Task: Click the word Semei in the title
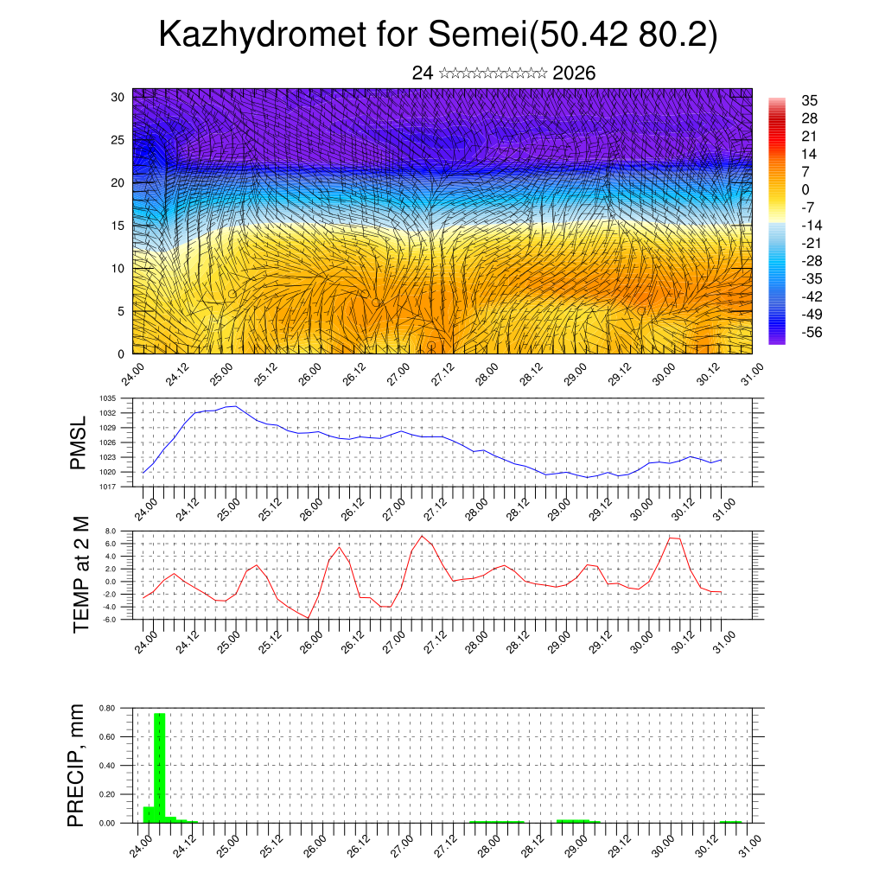point(479,35)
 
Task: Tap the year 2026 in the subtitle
point(574,73)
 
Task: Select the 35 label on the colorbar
point(810,101)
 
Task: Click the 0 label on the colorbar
point(805,189)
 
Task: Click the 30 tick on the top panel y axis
point(118,97)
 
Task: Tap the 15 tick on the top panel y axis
point(118,226)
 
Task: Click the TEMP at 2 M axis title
point(81,574)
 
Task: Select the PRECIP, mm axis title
point(77,764)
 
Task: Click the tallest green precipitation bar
point(160,767)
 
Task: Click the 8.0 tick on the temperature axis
point(111,531)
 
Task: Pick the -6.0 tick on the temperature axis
point(110,620)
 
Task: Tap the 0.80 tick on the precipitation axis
point(107,708)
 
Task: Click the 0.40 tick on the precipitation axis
point(107,766)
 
